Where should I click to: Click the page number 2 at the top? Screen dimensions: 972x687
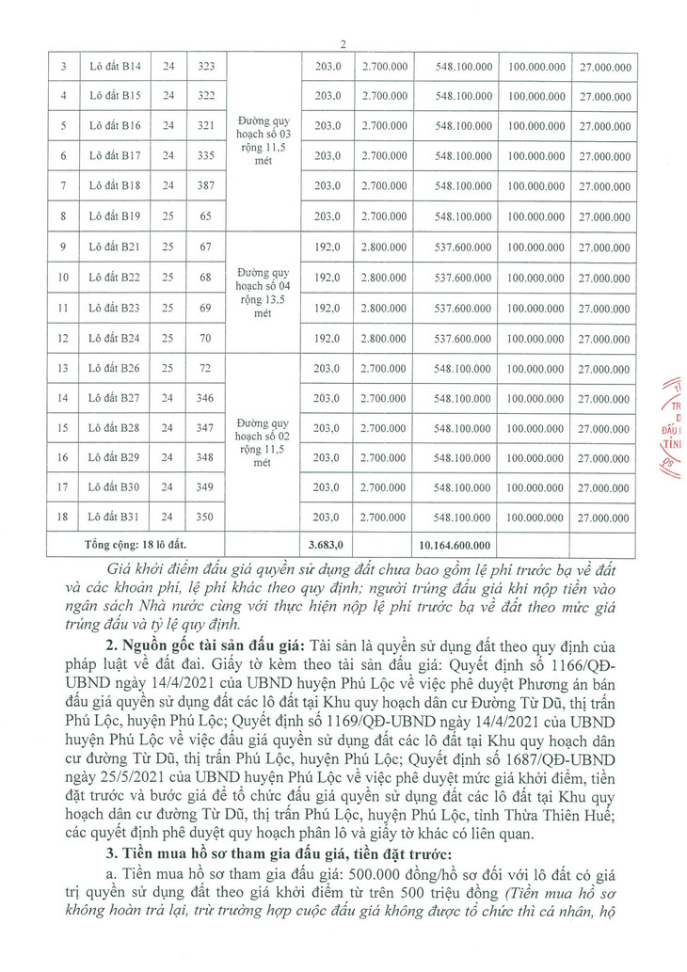coord(343,44)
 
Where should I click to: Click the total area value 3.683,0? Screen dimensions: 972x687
coord(327,544)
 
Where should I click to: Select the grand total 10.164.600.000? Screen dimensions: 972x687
coord(457,544)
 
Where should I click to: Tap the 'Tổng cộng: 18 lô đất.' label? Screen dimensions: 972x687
coord(136,544)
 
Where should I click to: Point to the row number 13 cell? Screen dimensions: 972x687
coord(62,367)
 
